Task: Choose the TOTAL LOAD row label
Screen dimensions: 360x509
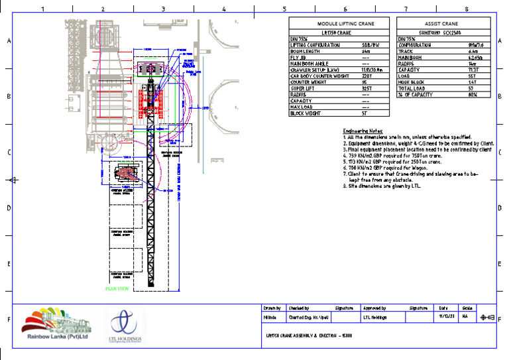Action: tap(411, 88)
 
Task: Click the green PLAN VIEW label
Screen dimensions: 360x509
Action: tap(117, 289)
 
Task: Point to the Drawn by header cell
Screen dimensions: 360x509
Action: tap(272, 308)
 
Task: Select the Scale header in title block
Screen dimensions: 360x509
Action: tap(467, 308)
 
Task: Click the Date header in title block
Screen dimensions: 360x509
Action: tap(443, 308)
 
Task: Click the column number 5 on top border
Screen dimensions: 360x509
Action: tap(284, 9)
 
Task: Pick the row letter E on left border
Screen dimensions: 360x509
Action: tap(9, 264)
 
